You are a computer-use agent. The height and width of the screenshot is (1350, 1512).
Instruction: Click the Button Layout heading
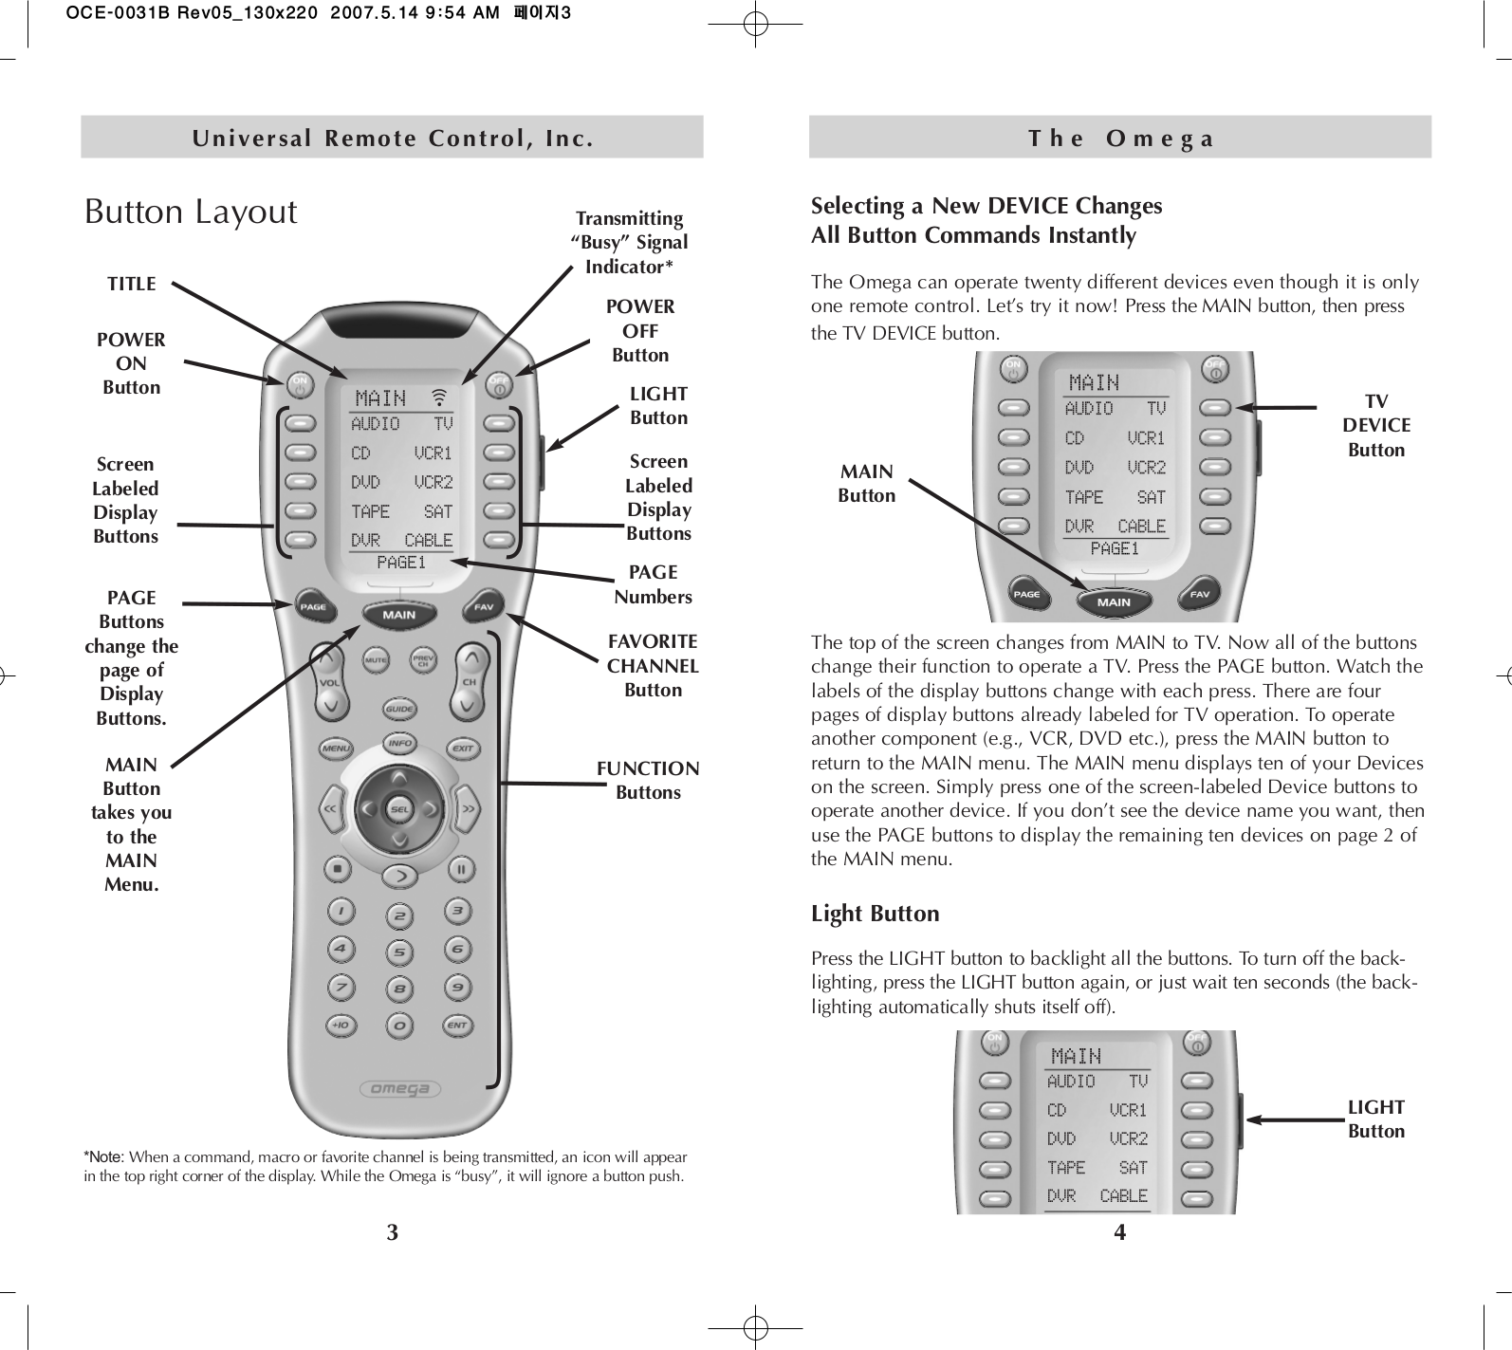coord(191,212)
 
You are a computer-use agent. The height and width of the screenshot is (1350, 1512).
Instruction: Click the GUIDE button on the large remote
coord(397,709)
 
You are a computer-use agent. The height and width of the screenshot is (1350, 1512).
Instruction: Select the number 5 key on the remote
coord(399,952)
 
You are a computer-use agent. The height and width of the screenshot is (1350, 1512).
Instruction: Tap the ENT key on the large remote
coord(457,1026)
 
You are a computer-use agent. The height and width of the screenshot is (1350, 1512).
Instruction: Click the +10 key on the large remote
coord(340,1026)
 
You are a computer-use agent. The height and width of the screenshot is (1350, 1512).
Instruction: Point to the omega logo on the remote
coord(399,1088)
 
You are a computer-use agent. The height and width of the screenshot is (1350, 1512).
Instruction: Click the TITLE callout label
coord(132,284)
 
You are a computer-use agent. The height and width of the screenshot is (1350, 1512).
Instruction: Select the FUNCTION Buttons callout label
coord(648,780)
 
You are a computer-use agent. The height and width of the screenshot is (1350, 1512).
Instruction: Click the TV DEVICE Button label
coord(1376,426)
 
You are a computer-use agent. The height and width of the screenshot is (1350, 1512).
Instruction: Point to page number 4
coord(1119,1232)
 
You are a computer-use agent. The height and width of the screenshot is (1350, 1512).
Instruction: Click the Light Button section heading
coord(875,914)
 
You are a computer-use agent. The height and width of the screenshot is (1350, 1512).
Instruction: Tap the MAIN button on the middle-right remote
coord(1114,601)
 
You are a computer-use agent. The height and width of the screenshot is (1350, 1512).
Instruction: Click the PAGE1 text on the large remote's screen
coord(401,563)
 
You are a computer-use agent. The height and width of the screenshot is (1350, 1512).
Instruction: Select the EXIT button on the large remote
coord(462,749)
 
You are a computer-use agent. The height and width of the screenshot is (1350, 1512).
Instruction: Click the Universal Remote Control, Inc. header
coord(393,139)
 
